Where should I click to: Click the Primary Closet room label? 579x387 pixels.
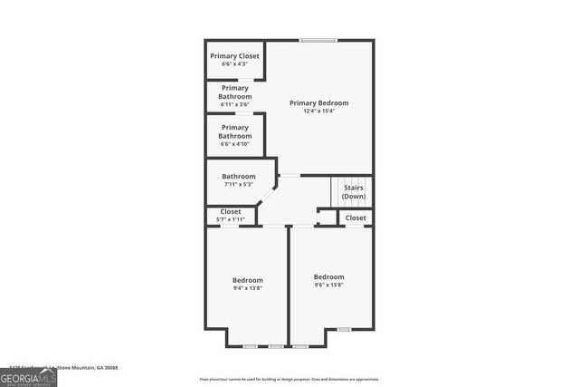(235, 56)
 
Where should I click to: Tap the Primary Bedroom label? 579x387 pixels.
(318, 103)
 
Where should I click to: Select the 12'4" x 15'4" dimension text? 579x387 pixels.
(318, 111)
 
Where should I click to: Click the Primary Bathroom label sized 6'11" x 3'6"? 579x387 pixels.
(235, 92)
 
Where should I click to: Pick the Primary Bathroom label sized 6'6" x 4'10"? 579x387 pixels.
(235, 132)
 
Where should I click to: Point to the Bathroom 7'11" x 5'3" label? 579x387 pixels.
(239, 177)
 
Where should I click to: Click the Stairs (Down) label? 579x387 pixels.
(354, 191)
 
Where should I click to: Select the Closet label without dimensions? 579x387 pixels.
(356, 218)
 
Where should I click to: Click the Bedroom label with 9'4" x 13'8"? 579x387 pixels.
(247, 280)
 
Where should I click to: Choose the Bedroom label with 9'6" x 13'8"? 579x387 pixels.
(328, 276)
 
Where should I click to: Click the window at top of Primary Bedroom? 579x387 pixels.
(318, 40)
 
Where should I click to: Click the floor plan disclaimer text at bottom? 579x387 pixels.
(289, 380)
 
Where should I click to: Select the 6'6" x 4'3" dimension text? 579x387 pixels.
(235, 63)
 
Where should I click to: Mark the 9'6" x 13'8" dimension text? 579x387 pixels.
(328, 285)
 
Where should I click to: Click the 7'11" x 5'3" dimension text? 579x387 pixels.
(239, 184)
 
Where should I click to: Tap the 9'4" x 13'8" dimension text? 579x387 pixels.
(247, 288)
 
